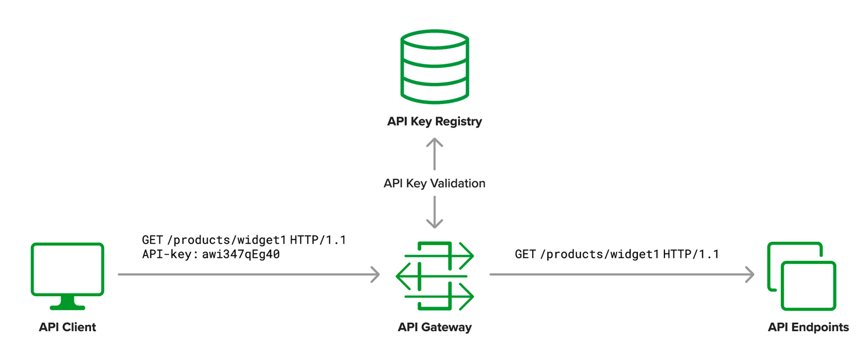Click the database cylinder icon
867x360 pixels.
[434, 67]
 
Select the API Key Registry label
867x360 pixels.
[434, 121]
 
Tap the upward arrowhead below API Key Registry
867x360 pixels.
[434, 143]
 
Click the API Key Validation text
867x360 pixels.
[434, 183]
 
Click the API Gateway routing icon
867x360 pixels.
[434, 275]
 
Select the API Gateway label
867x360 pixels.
[434, 327]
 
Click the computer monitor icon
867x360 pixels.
[67, 269]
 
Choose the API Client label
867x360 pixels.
[67, 327]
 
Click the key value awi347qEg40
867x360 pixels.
[241, 254]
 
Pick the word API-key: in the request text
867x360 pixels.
[167, 254]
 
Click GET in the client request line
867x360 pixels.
[152, 240]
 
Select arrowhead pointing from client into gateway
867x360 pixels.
[375, 274]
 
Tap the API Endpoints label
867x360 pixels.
[808, 327]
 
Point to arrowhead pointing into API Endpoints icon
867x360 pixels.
[750, 274]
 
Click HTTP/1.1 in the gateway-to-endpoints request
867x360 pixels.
[691, 254]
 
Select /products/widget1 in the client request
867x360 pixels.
[227, 240]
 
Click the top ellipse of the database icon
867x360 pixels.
[434, 40]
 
